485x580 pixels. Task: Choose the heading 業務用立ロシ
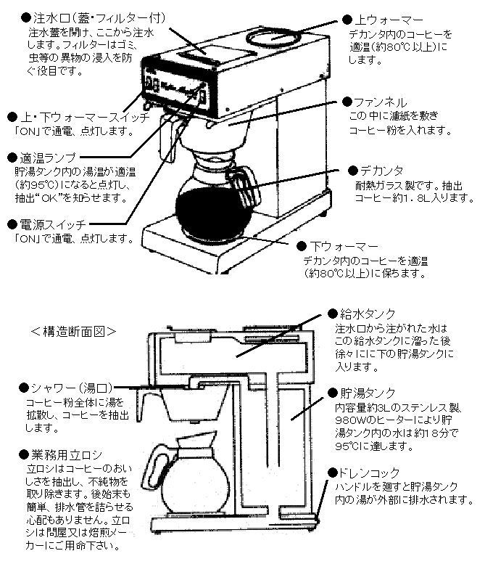coord(65,455)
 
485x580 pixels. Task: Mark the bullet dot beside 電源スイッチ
coord(12,224)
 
